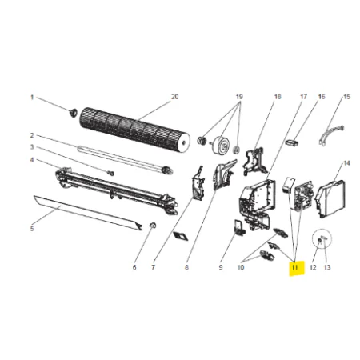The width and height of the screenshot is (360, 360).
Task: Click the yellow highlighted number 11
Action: point(294,267)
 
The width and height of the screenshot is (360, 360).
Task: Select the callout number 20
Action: point(174,97)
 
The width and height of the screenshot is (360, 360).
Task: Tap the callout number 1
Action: point(32,98)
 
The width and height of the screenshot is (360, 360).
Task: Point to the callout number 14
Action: point(346,163)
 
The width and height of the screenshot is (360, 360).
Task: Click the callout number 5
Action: point(32,229)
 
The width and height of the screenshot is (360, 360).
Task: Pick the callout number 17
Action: point(304,97)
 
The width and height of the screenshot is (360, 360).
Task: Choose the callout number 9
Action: point(221,267)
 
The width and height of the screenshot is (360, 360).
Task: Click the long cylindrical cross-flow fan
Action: point(135,130)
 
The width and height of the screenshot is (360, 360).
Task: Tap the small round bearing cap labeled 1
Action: point(73,112)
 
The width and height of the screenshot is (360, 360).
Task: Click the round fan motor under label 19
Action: point(221,145)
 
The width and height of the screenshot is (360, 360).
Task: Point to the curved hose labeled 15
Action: point(331,134)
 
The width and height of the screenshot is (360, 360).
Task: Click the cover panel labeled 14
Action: point(330,198)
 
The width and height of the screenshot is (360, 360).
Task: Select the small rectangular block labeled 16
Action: point(292,142)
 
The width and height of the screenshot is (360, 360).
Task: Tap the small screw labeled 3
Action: point(111,173)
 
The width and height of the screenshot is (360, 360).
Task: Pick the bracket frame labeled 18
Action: point(255,161)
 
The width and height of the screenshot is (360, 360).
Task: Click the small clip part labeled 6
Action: point(153,226)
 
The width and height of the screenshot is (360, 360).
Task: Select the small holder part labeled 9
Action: point(239,227)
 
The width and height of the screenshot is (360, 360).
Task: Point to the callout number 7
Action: point(153,267)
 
